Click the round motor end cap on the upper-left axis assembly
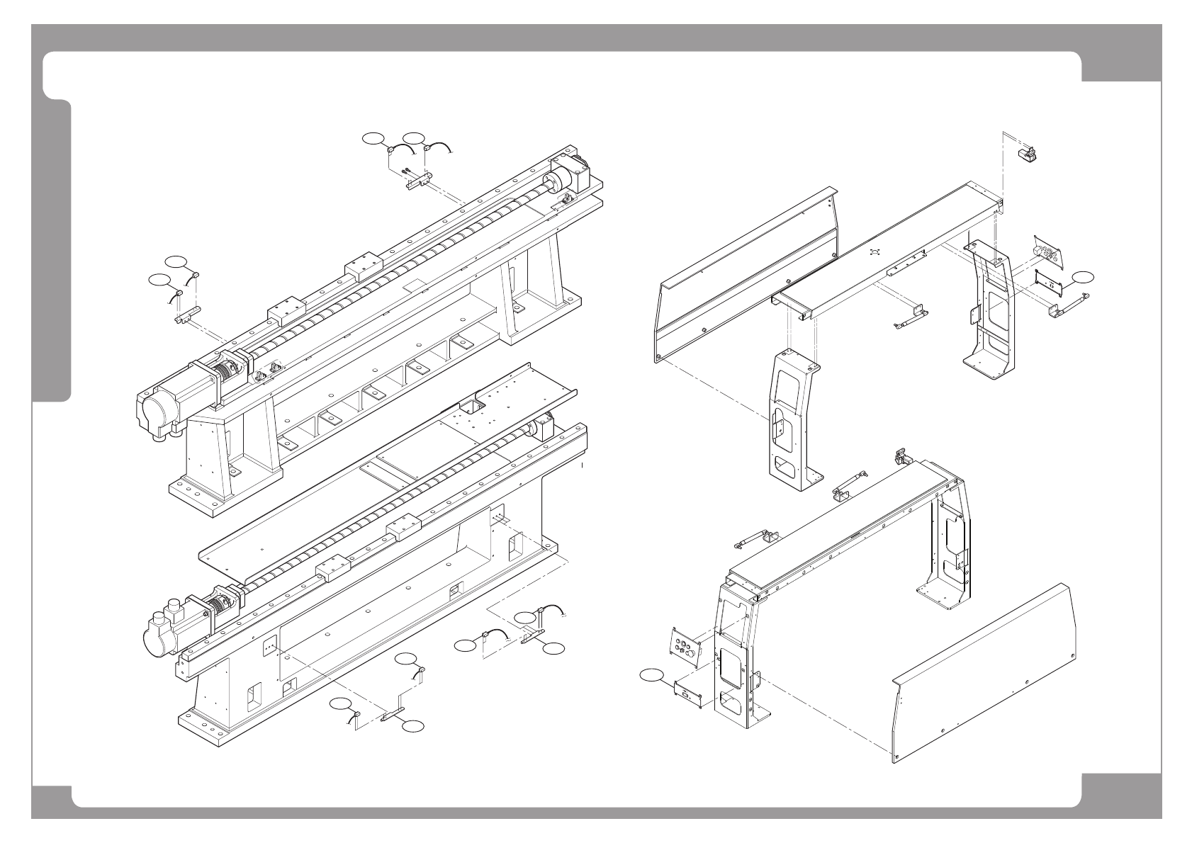(x=155, y=411)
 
